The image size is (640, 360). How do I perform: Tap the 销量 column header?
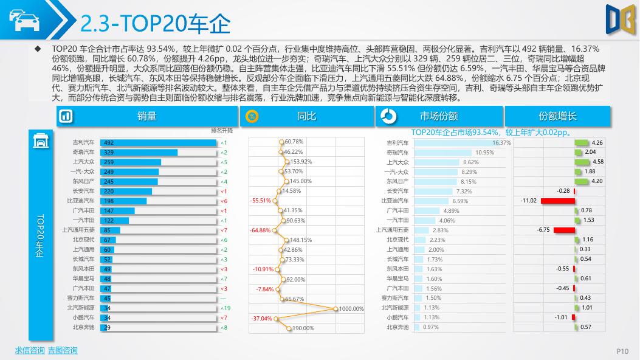[x=130, y=116]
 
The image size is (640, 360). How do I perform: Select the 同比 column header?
[x=306, y=116]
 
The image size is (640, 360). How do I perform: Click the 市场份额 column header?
[x=422, y=116]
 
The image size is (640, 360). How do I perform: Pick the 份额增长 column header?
[x=540, y=116]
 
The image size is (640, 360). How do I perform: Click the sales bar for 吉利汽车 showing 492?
[x=158, y=142]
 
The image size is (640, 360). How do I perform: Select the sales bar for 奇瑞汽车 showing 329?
[x=139, y=152]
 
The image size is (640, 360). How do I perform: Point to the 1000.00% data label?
[x=351, y=309]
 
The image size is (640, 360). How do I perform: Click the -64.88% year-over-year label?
[x=260, y=230]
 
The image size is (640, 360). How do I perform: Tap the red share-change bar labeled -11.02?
[x=557, y=201]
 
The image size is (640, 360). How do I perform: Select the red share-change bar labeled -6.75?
[x=563, y=230]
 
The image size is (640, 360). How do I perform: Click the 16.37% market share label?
[x=501, y=142]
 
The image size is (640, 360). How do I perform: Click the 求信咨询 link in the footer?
[x=30, y=350]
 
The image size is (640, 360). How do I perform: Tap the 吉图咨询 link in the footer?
[x=62, y=350]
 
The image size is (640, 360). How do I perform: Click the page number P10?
[x=622, y=351]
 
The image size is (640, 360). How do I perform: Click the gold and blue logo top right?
[x=620, y=18]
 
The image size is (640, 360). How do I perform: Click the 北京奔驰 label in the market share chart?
[x=397, y=327]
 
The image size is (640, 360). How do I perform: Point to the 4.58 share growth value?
[x=597, y=162]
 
